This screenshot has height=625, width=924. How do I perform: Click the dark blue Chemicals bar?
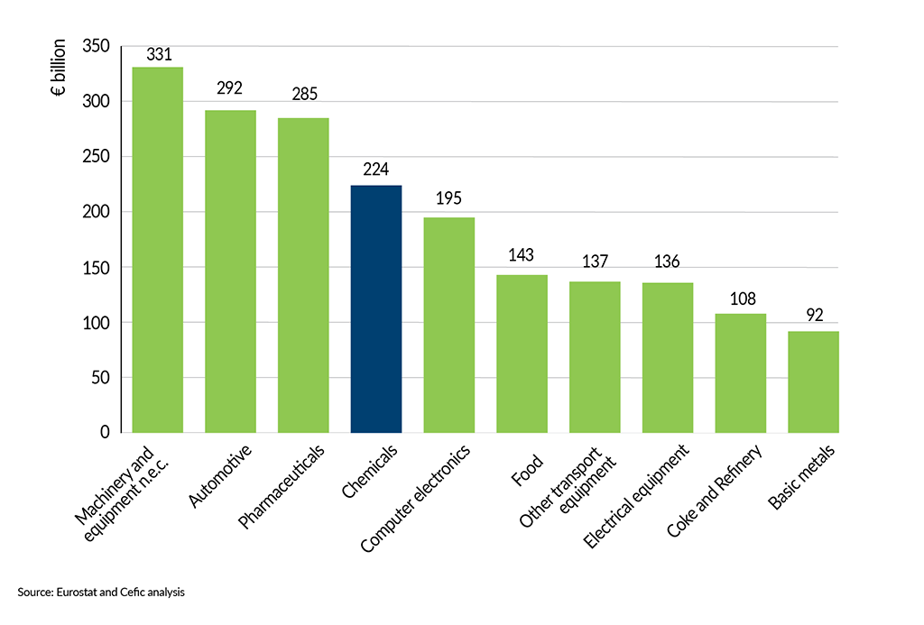click(x=376, y=308)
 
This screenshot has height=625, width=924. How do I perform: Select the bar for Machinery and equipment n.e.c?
click(x=158, y=250)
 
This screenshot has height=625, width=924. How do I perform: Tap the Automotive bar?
click(x=230, y=271)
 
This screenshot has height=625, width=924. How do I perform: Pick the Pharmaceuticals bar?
click(x=303, y=275)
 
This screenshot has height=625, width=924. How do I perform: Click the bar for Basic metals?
click(x=813, y=381)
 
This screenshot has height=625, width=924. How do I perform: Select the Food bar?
click(x=522, y=354)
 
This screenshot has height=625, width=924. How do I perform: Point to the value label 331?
click(x=158, y=54)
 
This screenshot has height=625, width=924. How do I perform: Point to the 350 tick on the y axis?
click(x=96, y=46)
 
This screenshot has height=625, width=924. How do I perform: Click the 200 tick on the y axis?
click(x=96, y=212)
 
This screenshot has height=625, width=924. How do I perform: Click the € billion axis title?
click(x=60, y=68)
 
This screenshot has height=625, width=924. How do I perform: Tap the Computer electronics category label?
click(x=416, y=497)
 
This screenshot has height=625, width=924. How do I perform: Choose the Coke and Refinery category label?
click(x=715, y=492)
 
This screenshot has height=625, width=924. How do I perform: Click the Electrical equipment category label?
click(x=636, y=496)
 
